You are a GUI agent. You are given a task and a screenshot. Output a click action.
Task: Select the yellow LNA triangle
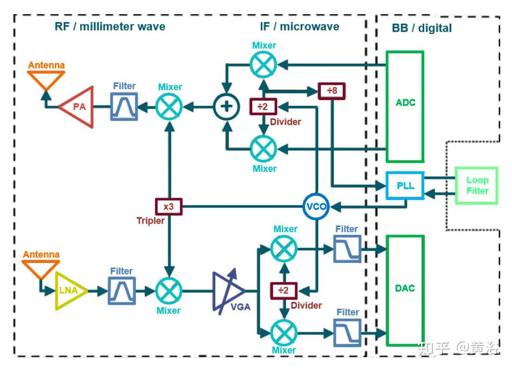[x=69, y=291]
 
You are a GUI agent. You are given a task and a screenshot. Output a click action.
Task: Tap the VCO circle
[x=316, y=207]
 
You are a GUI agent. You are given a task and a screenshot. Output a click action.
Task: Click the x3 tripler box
[x=168, y=207]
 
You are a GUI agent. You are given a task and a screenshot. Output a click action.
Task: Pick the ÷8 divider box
[x=331, y=91]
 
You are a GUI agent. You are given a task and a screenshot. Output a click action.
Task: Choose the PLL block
[x=405, y=185]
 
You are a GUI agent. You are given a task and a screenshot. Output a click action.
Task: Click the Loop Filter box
[x=477, y=185]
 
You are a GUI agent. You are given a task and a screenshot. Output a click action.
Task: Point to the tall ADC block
[x=405, y=107]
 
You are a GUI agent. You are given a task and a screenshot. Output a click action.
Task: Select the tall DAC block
[x=405, y=291]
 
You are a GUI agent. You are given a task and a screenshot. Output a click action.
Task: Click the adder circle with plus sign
[x=226, y=107]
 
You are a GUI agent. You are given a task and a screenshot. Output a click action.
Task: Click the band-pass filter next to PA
[x=124, y=107]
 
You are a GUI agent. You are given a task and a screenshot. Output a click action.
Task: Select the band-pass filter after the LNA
[x=122, y=291]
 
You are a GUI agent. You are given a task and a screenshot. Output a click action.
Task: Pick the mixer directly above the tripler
[x=169, y=107]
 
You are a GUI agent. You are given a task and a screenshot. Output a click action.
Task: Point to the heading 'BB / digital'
[x=421, y=28]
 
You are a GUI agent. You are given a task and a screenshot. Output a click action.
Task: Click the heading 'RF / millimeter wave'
[x=110, y=26]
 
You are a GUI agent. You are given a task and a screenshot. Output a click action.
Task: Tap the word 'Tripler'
[x=150, y=221]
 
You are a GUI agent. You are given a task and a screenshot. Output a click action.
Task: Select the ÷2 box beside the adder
[x=263, y=107]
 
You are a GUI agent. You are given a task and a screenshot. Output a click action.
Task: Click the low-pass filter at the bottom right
[x=347, y=333]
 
